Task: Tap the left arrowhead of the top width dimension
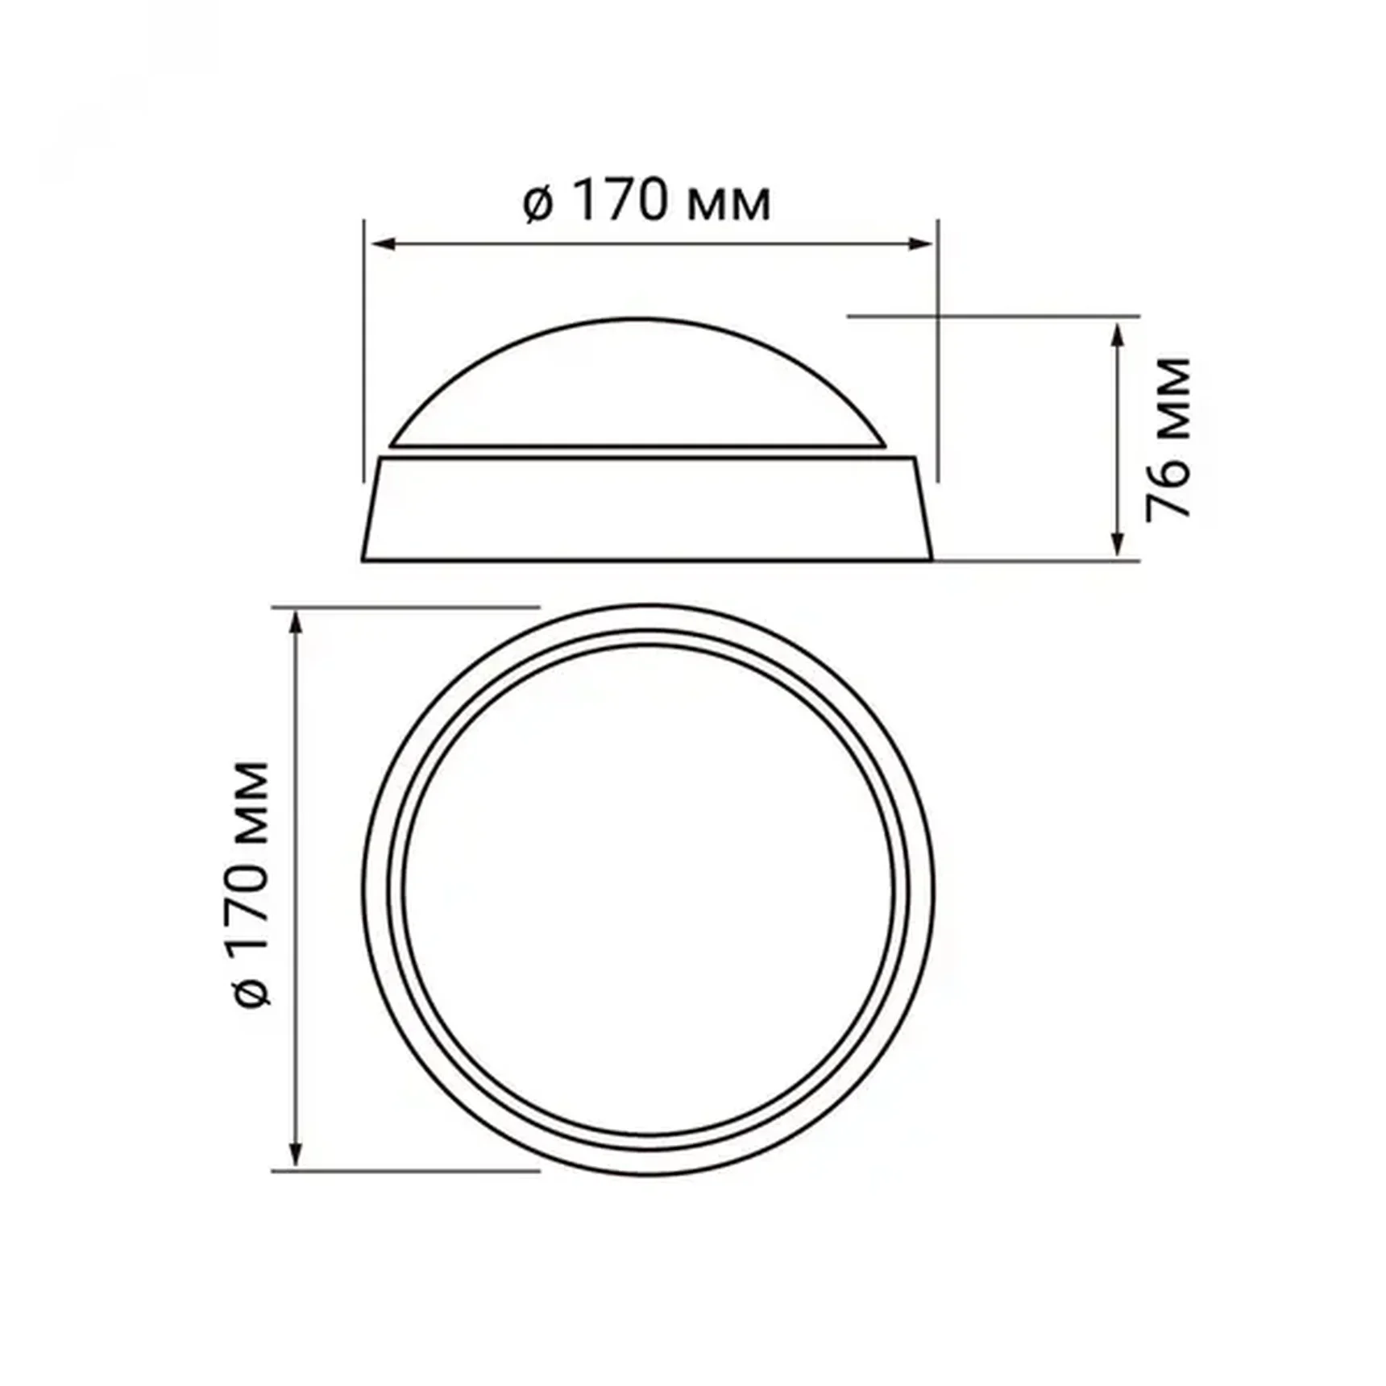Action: (x=380, y=243)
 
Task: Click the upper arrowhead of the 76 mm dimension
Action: (x=1117, y=332)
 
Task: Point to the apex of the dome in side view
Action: (x=638, y=318)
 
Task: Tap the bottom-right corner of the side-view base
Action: (x=932, y=558)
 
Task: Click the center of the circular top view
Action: (x=649, y=890)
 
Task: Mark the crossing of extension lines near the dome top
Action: (x=938, y=317)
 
